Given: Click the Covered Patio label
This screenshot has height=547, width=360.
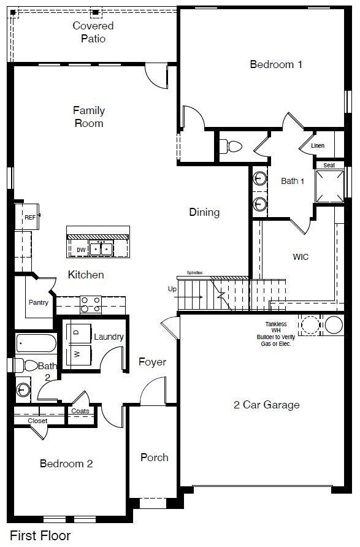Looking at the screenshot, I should [x=93, y=32].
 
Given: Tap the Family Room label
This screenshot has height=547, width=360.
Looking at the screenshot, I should [x=89, y=117].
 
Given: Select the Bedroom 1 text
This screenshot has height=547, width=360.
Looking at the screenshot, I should [x=276, y=64].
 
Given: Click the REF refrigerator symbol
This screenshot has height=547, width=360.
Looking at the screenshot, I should [x=30, y=218].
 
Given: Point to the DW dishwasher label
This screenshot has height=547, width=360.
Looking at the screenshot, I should [x=82, y=250].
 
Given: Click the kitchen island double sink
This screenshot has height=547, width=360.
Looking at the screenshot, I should [x=101, y=248].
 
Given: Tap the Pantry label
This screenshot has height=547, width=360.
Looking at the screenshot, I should [x=39, y=302].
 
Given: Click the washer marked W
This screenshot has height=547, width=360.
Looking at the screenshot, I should [x=77, y=354].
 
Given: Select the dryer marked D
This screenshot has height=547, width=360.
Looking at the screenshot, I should [x=77, y=332].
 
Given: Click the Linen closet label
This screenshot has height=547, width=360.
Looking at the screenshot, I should [x=318, y=146].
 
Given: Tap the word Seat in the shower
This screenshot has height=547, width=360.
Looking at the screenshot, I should [x=329, y=165].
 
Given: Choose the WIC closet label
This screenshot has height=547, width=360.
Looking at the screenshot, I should [x=301, y=257].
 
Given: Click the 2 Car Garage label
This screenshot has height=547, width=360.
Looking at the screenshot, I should [x=267, y=405].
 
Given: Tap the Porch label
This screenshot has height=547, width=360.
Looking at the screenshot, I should [x=154, y=457].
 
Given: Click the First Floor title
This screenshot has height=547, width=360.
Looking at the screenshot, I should [x=40, y=535].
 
